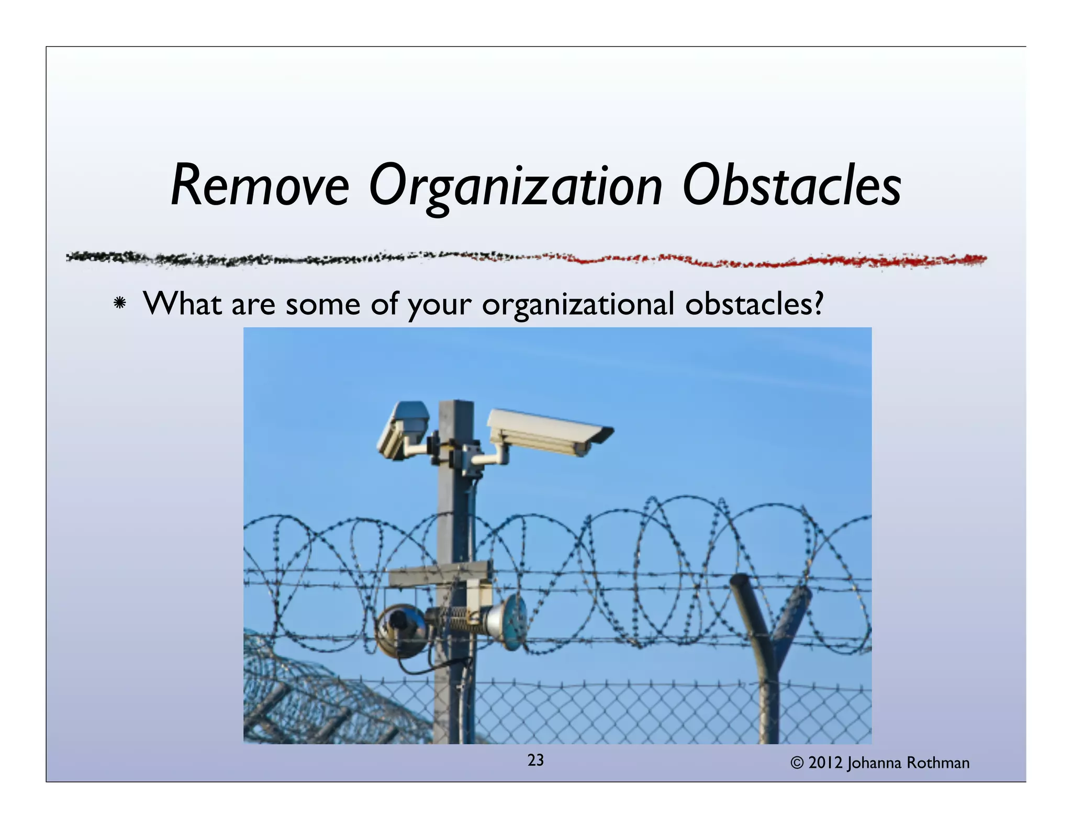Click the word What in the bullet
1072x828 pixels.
(x=182, y=303)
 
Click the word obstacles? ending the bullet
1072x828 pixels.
(x=754, y=303)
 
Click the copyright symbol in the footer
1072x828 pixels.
(x=797, y=763)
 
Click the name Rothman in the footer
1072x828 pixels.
(x=938, y=763)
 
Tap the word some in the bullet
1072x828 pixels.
(x=322, y=303)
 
